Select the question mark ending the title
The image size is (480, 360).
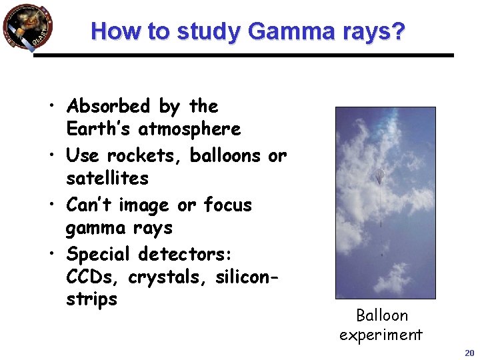(398, 31)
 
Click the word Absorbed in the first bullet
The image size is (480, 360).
(109, 106)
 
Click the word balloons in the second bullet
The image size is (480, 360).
(225, 155)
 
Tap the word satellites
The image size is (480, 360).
(107, 178)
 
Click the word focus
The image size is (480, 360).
(228, 205)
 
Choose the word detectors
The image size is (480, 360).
(183, 254)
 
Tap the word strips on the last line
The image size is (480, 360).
(91, 299)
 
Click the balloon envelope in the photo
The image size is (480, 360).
(380, 177)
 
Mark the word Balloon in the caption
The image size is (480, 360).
(381, 315)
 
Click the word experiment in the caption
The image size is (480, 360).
(381, 334)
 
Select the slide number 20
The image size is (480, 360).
(469, 353)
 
